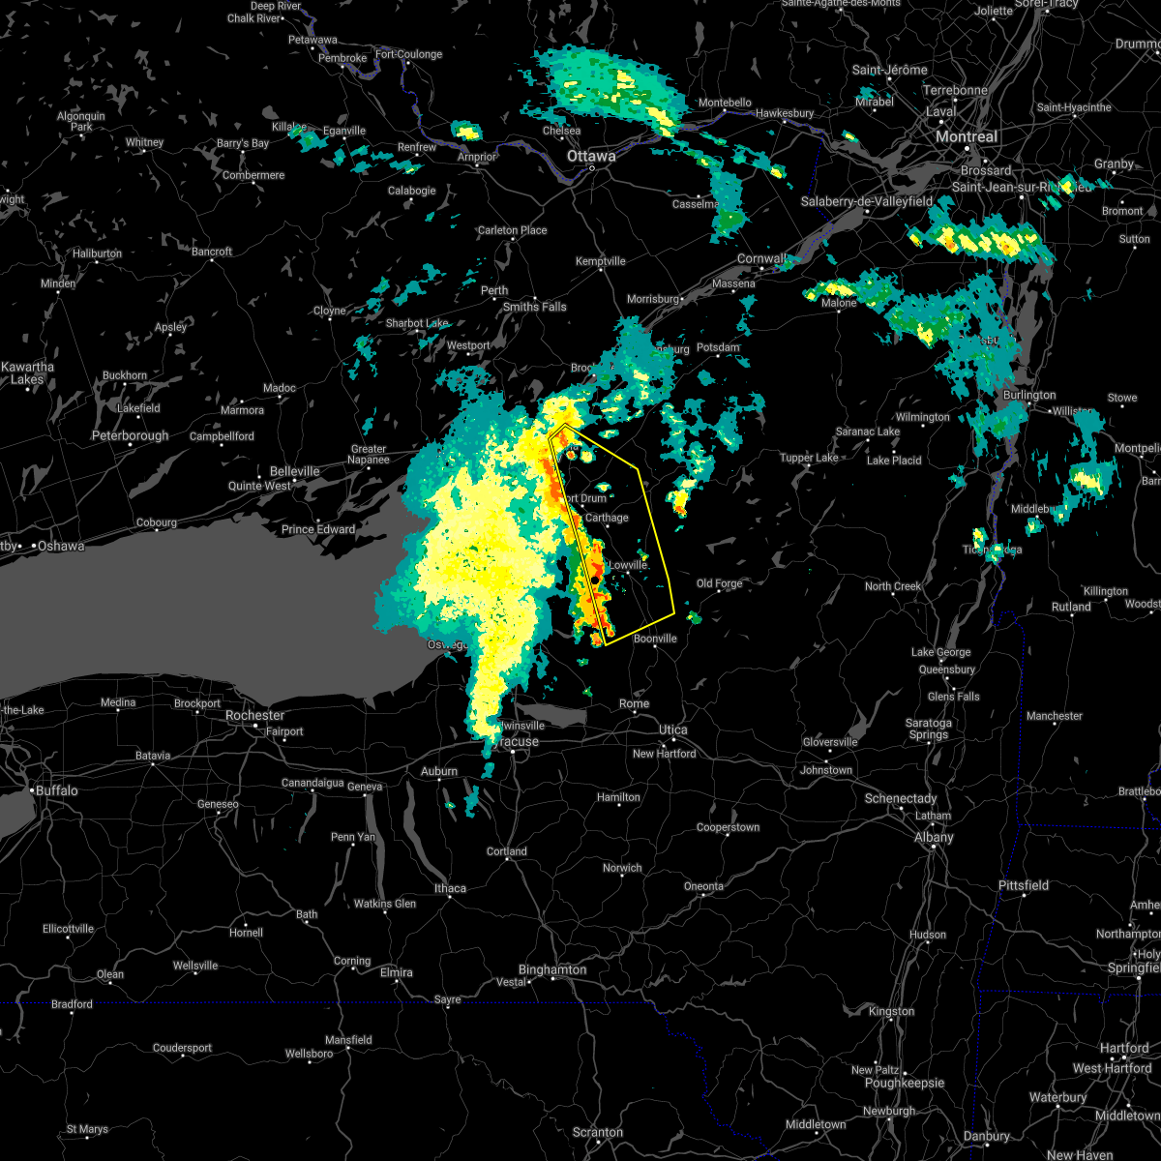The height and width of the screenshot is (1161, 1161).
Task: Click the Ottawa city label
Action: (591, 156)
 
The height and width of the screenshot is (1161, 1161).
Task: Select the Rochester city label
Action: (254, 715)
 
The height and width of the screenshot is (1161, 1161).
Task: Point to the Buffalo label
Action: (57, 790)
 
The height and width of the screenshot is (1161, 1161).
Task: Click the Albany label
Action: (934, 838)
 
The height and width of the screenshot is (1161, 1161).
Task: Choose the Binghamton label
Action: (552, 969)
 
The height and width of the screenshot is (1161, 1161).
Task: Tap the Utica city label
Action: (673, 729)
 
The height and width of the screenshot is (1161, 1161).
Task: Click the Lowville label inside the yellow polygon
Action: (627, 564)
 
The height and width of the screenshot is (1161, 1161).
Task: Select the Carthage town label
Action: (607, 518)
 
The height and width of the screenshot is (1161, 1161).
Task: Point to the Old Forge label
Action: (719, 583)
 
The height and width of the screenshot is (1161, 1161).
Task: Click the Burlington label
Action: (1029, 395)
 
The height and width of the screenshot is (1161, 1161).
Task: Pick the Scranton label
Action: (597, 1132)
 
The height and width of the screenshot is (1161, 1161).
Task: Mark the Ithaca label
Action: (450, 888)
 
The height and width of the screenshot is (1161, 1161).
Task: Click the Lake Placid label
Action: (893, 461)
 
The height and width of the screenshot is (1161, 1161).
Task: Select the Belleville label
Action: (294, 471)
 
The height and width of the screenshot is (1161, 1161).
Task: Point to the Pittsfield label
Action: (1024, 885)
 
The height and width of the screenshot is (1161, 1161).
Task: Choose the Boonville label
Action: (655, 639)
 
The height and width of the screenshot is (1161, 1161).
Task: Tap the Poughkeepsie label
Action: (903, 1084)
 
